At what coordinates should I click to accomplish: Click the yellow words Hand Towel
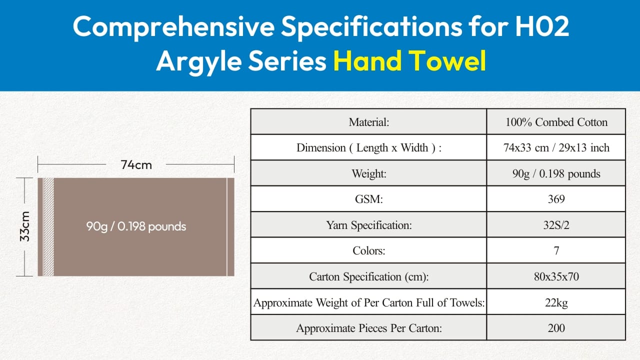click(x=409, y=60)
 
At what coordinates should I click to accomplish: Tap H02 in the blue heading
click(x=542, y=26)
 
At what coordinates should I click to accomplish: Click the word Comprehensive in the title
click(x=173, y=27)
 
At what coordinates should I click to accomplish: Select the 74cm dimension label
click(x=136, y=165)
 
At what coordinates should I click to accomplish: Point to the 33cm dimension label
click(x=25, y=226)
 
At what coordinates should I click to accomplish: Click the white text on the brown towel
click(x=136, y=226)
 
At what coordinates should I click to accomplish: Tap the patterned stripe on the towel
click(x=48, y=227)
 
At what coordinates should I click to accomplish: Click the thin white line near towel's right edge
click(x=227, y=227)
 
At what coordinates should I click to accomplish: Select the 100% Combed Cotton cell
click(x=556, y=122)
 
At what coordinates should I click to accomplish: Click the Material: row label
click(x=368, y=122)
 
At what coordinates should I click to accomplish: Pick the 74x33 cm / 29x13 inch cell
click(x=556, y=147)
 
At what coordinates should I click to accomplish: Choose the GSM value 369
click(x=556, y=199)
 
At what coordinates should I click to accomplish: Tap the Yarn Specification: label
click(x=369, y=225)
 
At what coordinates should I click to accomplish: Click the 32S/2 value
click(x=556, y=225)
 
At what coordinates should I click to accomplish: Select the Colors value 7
click(x=556, y=250)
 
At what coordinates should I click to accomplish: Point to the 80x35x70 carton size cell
click(x=556, y=276)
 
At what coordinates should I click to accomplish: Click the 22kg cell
click(x=556, y=302)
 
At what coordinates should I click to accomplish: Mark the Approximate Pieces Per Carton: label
click(x=369, y=328)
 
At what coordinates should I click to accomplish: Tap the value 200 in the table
click(x=556, y=327)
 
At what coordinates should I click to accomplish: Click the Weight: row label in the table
click(x=369, y=173)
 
